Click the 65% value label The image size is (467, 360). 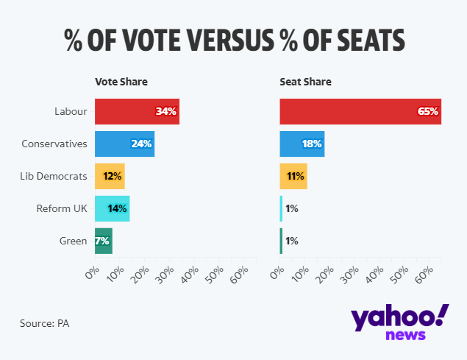click(x=428, y=112)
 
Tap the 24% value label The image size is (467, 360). click(x=141, y=144)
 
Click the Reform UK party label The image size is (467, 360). click(x=62, y=208)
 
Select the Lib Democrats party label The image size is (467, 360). click(x=54, y=177)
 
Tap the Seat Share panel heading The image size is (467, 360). click(x=305, y=82)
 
